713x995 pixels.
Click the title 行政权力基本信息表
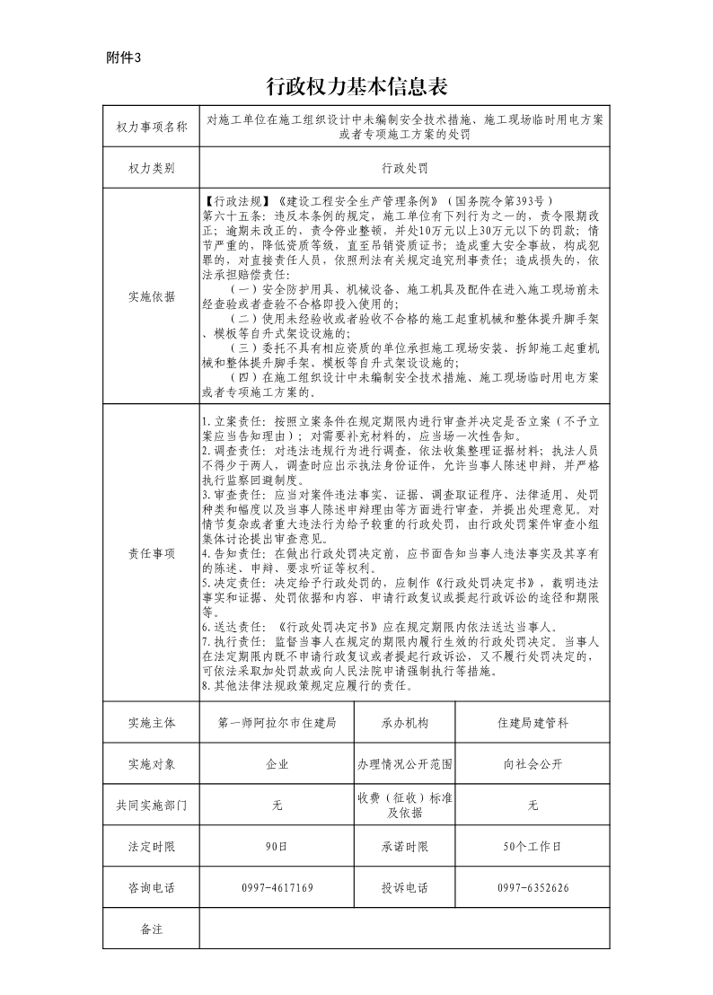[356, 87]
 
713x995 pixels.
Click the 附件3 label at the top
[124, 58]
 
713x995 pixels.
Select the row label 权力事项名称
[152, 128]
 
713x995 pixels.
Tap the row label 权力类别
[152, 168]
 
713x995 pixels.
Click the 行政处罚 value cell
[404, 168]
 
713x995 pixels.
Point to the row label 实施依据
[152, 296]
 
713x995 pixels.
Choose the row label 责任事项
[152, 554]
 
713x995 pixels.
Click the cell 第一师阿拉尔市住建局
[277, 722]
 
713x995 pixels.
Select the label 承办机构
[404, 722]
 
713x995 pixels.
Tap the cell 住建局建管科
[533, 722]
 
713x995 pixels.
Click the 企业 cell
[277, 764]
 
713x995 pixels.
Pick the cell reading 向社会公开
[533, 764]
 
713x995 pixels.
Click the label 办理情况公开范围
[404, 764]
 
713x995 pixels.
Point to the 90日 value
[277, 847]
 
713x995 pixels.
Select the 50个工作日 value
[533, 847]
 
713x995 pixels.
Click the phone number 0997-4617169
[277, 888]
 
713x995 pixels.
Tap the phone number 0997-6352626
[533, 888]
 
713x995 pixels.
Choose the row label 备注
[152, 929]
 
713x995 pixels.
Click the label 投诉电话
[404, 888]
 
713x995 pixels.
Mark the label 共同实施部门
[152, 806]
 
